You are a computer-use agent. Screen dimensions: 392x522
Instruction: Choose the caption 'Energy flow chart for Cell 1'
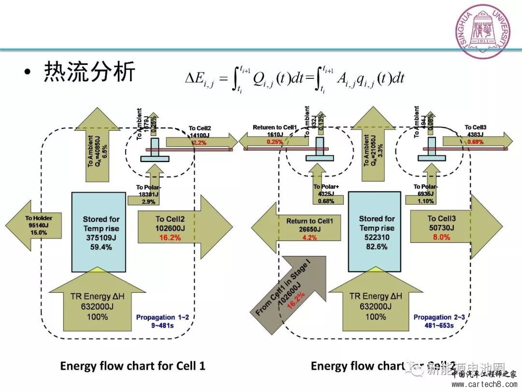tap(132, 366)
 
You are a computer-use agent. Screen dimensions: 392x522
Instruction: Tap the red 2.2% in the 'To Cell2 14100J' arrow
tap(200, 143)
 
